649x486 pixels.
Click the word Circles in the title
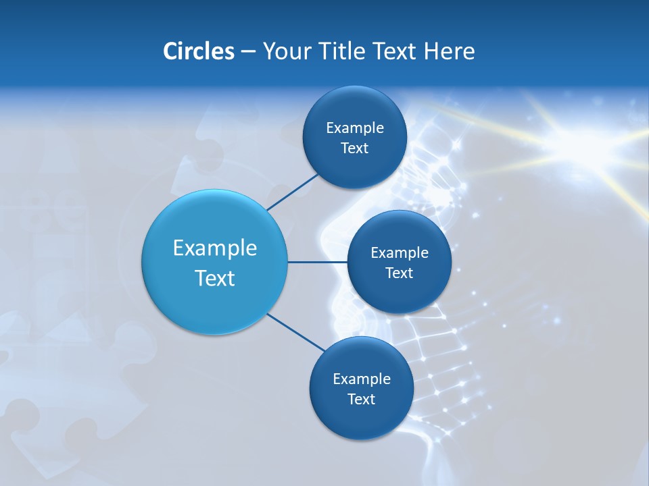[198, 51]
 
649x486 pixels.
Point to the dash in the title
[248, 52]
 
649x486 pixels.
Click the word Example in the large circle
[215, 248]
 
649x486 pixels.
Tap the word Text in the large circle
[215, 278]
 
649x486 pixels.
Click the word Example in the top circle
[355, 128]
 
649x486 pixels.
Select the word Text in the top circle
[354, 148]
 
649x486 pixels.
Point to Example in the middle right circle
[400, 253]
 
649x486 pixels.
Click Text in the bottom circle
[361, 400]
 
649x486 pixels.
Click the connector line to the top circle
[292, 192]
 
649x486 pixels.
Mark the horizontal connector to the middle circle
[317, 262]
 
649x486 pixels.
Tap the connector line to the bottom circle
[295, 332]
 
